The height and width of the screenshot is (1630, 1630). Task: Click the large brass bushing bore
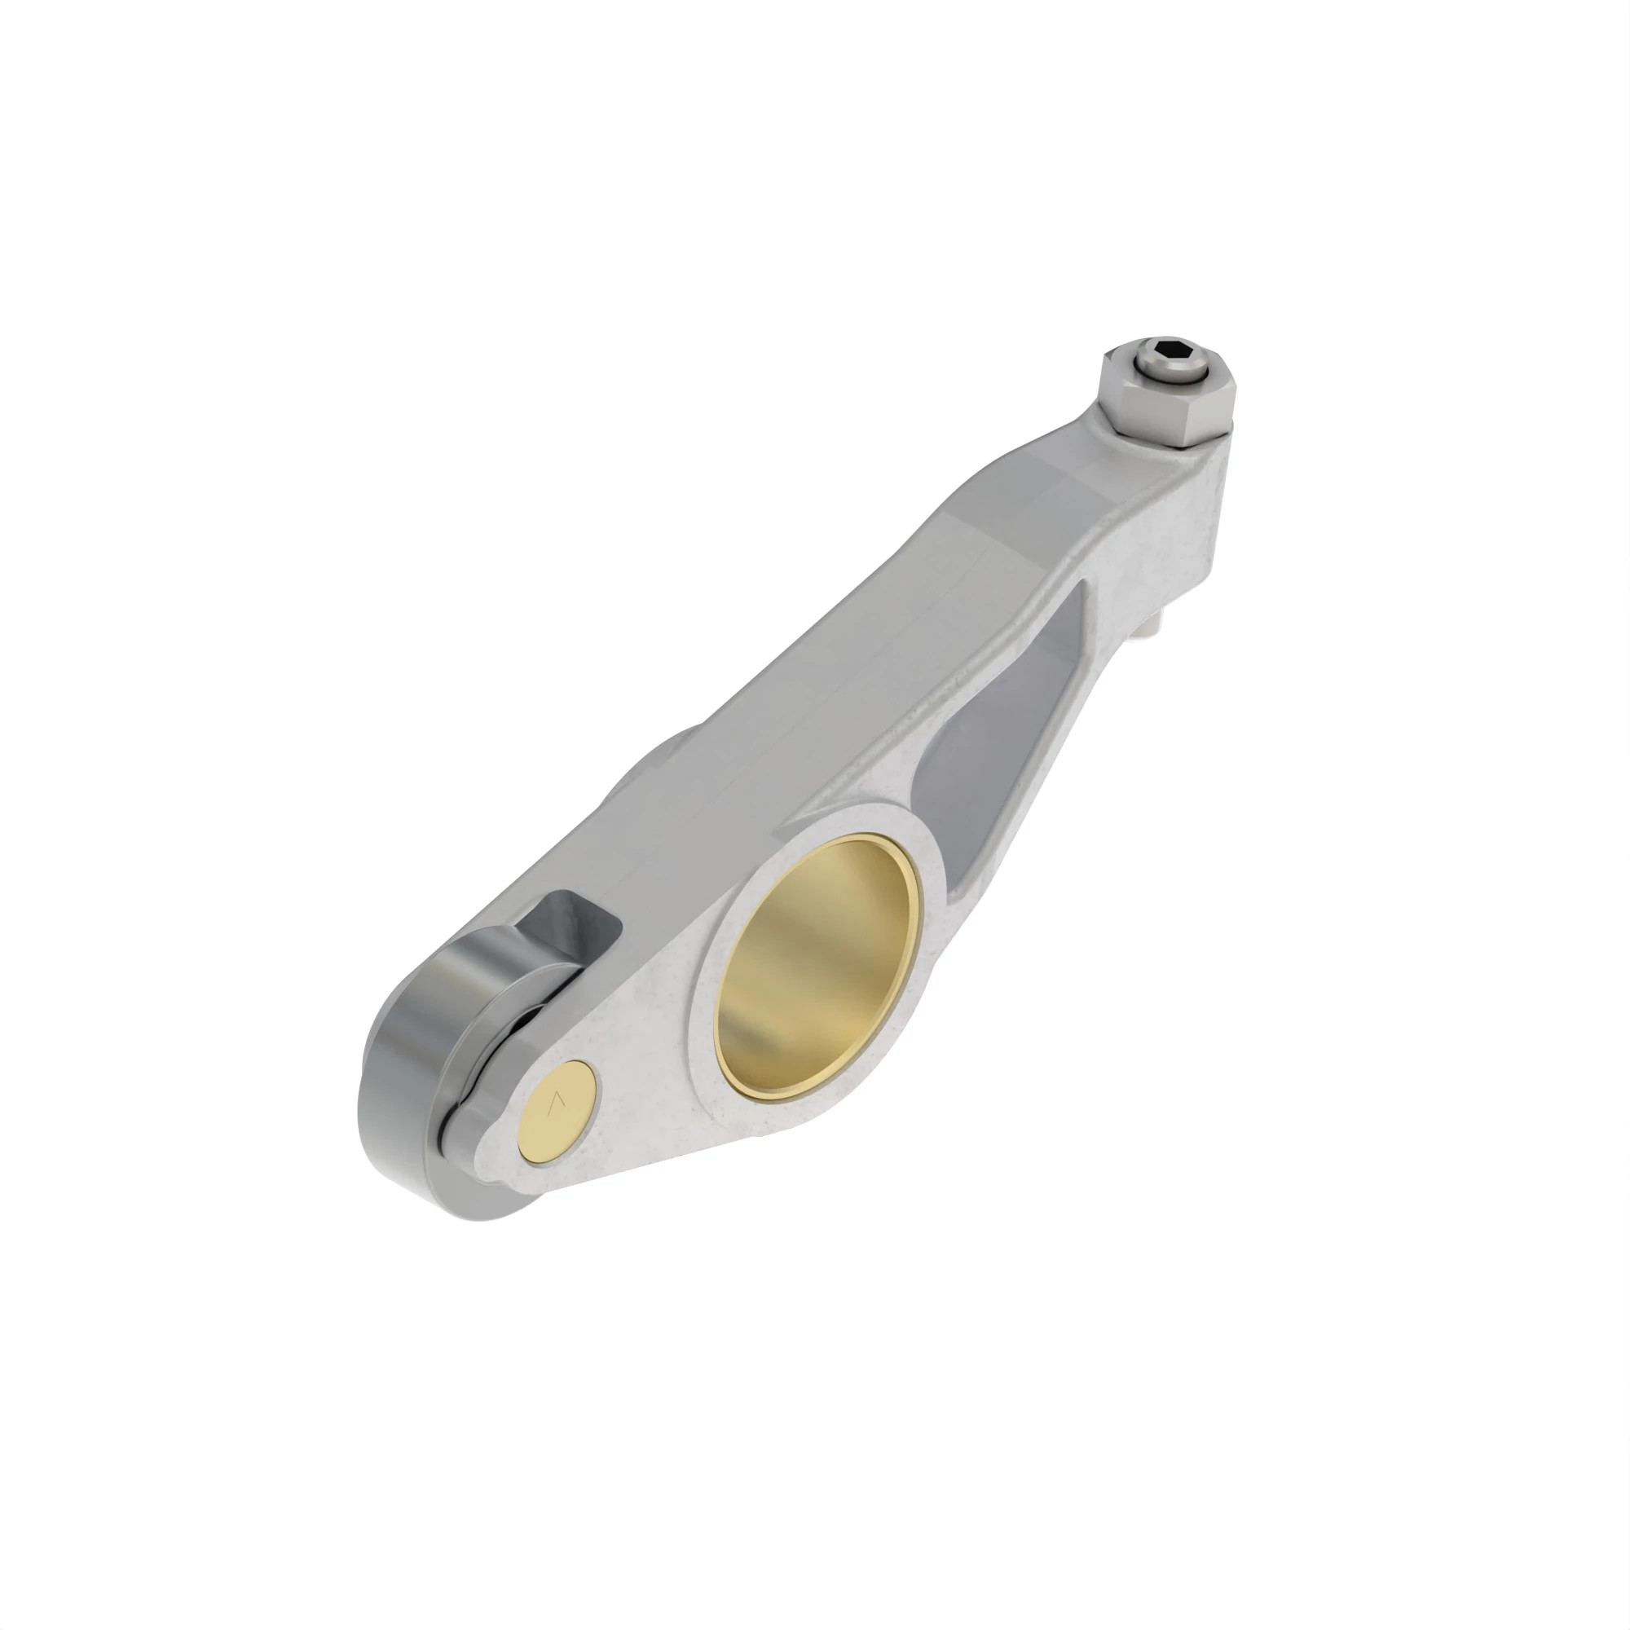[817, 968]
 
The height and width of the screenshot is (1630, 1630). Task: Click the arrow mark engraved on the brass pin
[556, 1104]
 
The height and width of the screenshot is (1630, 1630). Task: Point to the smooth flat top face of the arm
[844, 675]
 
